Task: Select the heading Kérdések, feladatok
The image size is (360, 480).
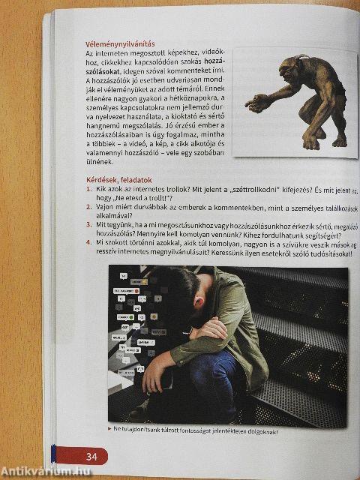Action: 120,181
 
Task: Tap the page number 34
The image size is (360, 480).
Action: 91,456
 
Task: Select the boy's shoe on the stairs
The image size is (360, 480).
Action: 142,409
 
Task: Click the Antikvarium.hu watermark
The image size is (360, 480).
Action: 46,470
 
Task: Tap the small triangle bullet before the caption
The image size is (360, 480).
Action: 111,430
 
